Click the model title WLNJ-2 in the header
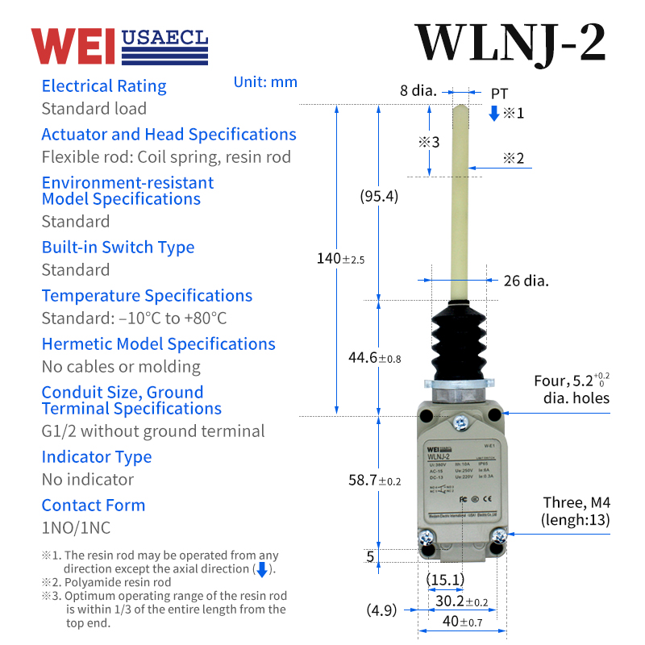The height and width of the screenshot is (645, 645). coord(510,42)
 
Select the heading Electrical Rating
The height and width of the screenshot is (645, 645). coord(104,86)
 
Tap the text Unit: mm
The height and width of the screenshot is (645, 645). coord(265,82)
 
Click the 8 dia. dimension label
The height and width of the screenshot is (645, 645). coord(418,91)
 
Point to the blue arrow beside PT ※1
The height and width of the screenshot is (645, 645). coord(494,113)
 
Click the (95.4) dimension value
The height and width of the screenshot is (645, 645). coord(379,196)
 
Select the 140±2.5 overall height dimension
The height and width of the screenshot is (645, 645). coord(340,259)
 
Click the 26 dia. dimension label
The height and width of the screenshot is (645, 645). coord(526,281)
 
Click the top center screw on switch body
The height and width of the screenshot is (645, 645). coord(460,422)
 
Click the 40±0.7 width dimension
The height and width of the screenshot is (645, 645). coord(463,622)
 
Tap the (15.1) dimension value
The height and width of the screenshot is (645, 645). coord(445,579)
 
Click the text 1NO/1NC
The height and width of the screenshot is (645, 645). coord(76,528)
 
